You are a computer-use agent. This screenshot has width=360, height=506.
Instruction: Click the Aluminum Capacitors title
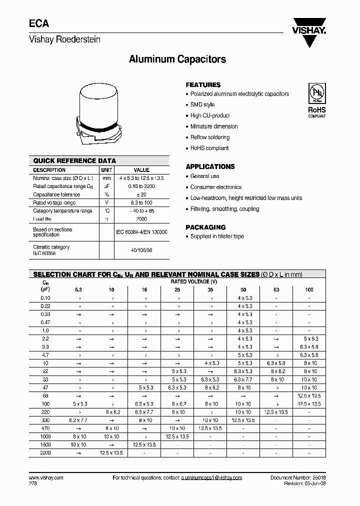[177, 59]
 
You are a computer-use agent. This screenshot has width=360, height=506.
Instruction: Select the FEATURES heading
[203, 85]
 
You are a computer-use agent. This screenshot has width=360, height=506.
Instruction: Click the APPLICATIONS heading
[210, 166]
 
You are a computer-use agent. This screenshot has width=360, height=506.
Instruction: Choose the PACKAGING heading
[205, 227]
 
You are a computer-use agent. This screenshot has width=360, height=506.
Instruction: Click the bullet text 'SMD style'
[202, 104]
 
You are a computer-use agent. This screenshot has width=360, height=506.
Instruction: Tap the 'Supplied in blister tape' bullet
[217, 236]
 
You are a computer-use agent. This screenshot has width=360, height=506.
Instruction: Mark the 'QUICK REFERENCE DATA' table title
[74, 161]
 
